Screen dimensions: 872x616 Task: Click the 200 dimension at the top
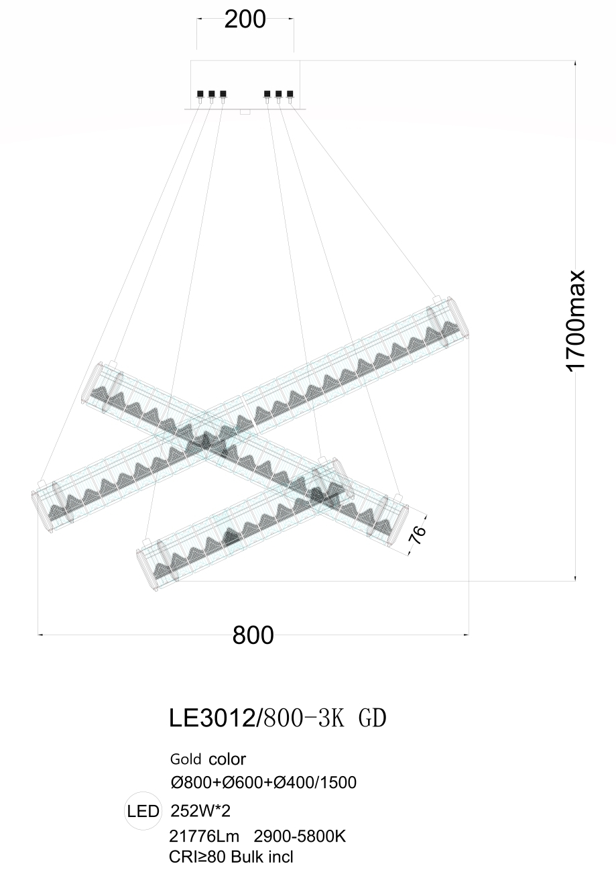[245, 20]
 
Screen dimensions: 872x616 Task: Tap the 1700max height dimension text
[576, 319]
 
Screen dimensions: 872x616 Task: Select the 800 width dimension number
[253, 635]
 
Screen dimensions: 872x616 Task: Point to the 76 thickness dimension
[417, 535]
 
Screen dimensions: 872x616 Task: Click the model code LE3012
[211, 718]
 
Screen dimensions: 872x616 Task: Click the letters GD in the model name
[373, 718]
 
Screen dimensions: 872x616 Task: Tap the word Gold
[186, 759]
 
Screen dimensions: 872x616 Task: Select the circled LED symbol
[143, 812]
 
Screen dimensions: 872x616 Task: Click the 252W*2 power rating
[200, 811]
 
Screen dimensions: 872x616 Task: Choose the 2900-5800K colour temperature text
[300, 836]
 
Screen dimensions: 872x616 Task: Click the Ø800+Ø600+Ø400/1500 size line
[263, 782]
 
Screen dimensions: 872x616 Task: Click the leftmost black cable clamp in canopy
[200, 94]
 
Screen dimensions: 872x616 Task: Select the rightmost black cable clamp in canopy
[290, 94]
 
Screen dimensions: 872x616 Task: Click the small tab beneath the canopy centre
[245, 112]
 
